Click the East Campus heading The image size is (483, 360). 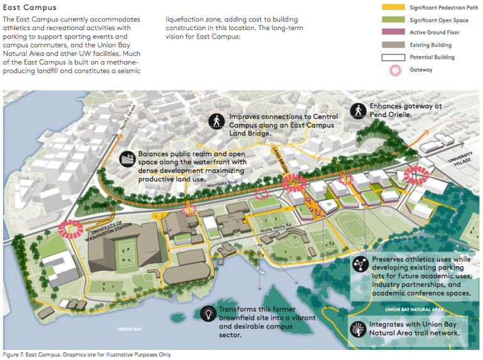point(30,8)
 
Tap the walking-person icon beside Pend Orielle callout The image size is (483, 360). point(358,111)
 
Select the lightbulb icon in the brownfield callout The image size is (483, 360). point(207,314)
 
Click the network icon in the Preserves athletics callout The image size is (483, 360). point(360,263)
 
